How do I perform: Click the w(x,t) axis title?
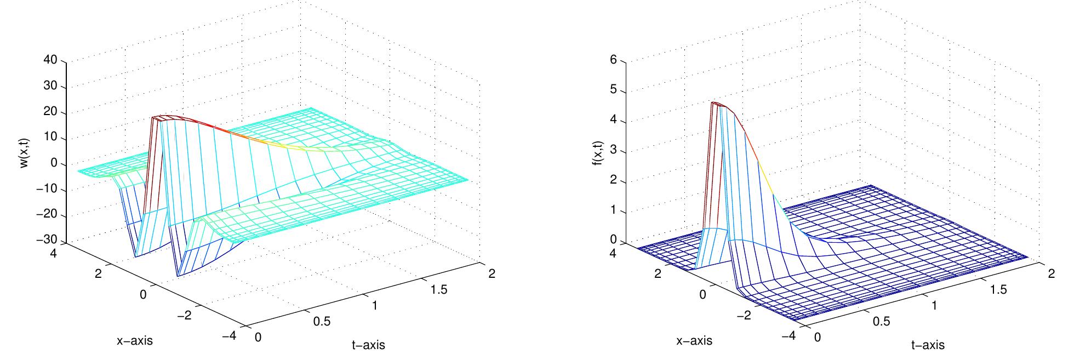point(25,151)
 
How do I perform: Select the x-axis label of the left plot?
point(135,340)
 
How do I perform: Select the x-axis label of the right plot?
point(694,340)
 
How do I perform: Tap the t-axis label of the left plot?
point(368,345)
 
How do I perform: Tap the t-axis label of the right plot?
point(928,345)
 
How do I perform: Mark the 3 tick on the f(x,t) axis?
point(613,151)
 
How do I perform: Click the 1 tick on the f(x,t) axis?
point(613,212)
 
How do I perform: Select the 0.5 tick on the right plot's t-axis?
point(881,321)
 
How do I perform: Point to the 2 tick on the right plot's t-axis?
point(1051,273)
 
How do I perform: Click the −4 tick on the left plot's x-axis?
point(233,336)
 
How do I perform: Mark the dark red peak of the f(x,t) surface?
point(715,102)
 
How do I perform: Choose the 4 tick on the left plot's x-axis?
point(56,253)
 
